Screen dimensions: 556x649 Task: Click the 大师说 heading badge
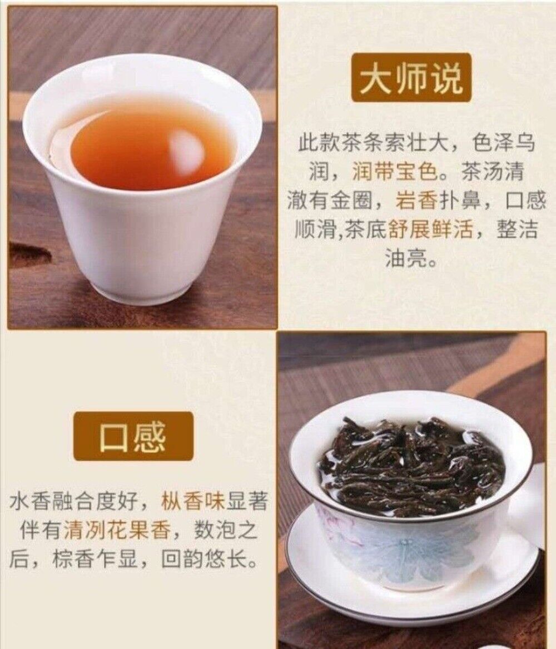[411, 78]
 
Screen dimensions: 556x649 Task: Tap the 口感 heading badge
[133, 436]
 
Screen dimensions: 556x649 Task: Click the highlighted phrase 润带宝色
[395, 172]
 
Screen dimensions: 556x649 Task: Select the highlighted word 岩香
[416, 201]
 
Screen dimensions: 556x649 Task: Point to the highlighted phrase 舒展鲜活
[430, 229]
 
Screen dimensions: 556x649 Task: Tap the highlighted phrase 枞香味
[192, 501]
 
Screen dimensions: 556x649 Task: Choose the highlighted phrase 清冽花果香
[117, 530]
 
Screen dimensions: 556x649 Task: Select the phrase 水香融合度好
[74, 501]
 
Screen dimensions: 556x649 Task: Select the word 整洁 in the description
[517, 229]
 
